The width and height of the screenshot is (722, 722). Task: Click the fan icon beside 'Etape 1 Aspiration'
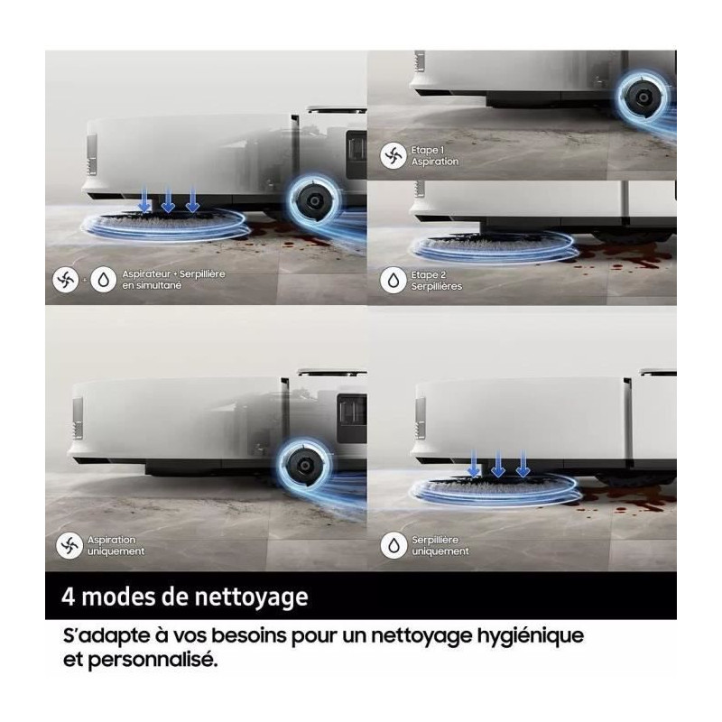(x=393, y=155)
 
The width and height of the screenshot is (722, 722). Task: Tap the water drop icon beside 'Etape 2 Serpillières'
(x=393, y=281)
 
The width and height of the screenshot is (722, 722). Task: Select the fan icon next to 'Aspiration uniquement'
(x=69, y=546)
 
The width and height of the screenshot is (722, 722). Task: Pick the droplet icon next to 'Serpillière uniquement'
(x=393, y=546)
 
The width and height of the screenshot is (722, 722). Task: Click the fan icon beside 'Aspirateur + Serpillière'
(x=65, y=280)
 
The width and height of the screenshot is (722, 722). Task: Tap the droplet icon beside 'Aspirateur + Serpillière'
(x=104, y=280)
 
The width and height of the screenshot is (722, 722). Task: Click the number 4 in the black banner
(x=69, y=597)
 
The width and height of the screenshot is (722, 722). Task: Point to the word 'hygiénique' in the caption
(x=530, y=637)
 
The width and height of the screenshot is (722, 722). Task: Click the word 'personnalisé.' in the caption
(x=152, y=661)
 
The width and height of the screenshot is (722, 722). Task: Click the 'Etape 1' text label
(x=428, y=150)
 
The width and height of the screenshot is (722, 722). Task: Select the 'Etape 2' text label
(x=429, y=275)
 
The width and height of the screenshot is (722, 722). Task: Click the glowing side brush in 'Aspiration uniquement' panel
(x=304, y=466)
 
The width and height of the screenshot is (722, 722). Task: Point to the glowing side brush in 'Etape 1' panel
(x=643, y=97)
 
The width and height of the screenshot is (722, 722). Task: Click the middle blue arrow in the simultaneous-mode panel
(x=168, y=199)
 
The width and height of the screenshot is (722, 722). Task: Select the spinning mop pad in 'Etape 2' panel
(x=494, y=247)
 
